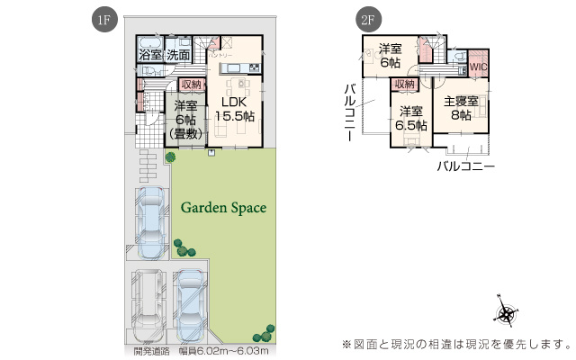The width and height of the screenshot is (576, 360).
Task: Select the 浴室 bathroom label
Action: (x=150, y=56)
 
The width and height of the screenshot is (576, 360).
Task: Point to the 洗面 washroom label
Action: (x=177, y=56)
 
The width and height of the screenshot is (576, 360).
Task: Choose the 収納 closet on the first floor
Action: (x=191, y=85)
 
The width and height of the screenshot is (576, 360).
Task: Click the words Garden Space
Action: (x=223, y=208)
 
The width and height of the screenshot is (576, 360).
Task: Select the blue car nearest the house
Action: (x=150, y=220)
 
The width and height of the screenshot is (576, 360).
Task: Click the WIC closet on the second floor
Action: (x=477, y=66)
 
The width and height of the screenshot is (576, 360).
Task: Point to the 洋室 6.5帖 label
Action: (x=410, y=118)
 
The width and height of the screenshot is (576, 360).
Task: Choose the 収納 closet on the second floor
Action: (x=403, y=84)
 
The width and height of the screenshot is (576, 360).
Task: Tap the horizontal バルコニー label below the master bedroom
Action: (x=465, y=166)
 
